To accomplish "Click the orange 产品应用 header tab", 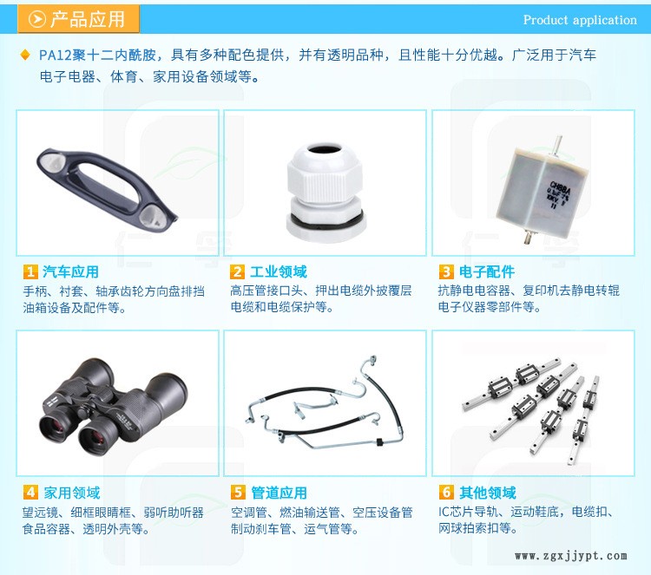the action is pos(78,19).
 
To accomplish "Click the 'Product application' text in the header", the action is pos(580,20).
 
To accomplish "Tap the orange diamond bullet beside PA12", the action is pos(25,55).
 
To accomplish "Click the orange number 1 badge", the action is pos(30,272).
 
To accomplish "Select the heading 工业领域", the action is pos(278,271).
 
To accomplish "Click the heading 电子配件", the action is pos(487,271).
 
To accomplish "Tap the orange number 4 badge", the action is pos(30,493).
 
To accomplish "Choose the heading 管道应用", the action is pos(279,493).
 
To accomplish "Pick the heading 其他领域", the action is pos(488,493).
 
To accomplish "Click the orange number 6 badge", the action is pos(446,493).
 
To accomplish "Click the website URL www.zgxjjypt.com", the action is pos(571,556).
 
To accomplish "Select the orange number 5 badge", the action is pos(238,493).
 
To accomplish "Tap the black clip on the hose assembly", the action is pos(378,441).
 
